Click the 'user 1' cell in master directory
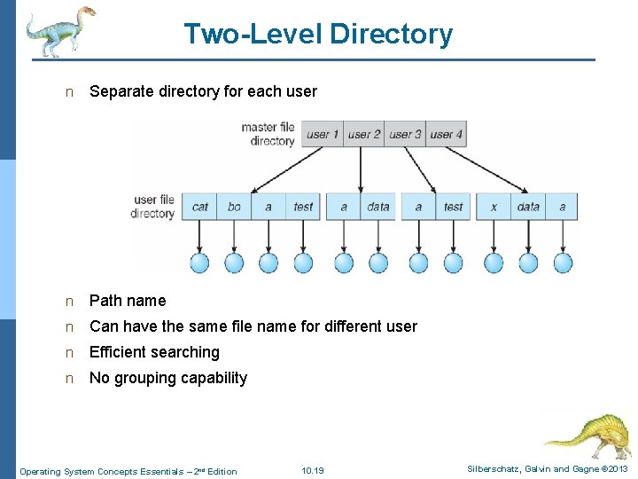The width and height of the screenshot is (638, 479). pyautogui.click(x=323, y=135)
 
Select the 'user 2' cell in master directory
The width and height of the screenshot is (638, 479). pyautogui.click(x=363, y=135)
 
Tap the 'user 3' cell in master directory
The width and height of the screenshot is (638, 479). pyautogui.click(x=405, y=135)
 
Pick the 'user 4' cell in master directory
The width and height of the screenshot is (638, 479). pyautogui.click(x=446, y=135)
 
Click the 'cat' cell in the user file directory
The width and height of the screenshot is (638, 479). pyautogui.click(x=200, y=207)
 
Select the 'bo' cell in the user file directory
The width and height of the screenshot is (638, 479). pyautogui.click(x=234, y=207)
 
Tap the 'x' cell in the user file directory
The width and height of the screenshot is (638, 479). pyautogui.click(x=494, y=207)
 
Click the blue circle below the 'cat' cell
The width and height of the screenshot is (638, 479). pyautogui.click(x=199, y=263)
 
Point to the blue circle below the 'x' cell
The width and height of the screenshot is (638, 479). pyautogui.click(x=494, y=263)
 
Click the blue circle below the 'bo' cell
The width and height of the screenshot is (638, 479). pyautogui.click(x=234, y=263)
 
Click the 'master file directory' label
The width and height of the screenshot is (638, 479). pyautogui.click(x=268, y=134)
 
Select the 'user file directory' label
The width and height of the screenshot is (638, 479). pyautogui.click(x=153, y=207)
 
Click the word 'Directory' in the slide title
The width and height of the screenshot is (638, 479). pyautogui.click(x=391, y=34)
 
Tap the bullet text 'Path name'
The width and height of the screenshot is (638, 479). pyautogui.click(x=128, y=301)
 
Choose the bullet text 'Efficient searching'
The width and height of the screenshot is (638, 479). pyautogui.click(x=154, y=352)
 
